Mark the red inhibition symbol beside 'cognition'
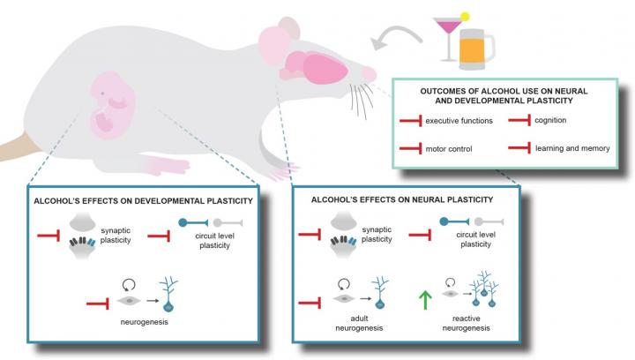[520, 119]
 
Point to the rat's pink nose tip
[370, 73]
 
